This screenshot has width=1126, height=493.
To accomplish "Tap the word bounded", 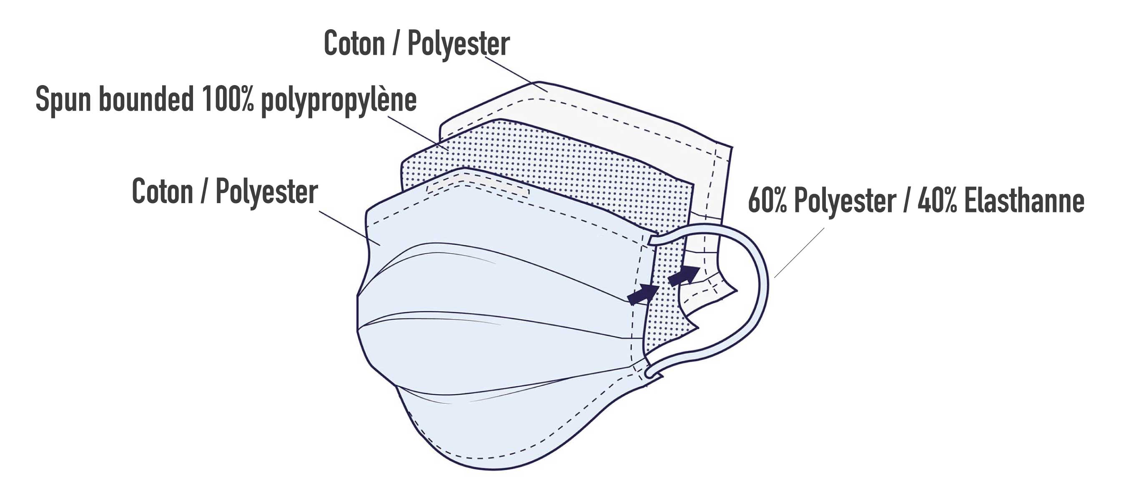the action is click(146, 99).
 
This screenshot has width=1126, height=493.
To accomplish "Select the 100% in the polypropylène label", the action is click(228, 99).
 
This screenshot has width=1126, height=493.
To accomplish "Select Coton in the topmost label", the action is click(354, 43).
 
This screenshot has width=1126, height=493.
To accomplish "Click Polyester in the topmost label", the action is click(459, 44).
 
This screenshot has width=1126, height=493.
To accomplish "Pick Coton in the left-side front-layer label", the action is click(162, 191).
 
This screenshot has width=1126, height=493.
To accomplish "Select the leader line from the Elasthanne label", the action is click(799, 253).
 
